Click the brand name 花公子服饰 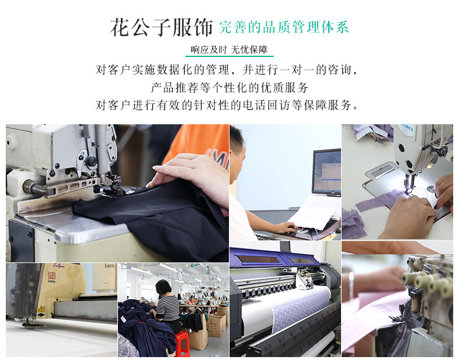[x=162, y=27]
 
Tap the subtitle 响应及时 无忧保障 [x=229, y=49]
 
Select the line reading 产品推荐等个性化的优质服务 [x=229, y=88]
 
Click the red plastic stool [x=182, y=344]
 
